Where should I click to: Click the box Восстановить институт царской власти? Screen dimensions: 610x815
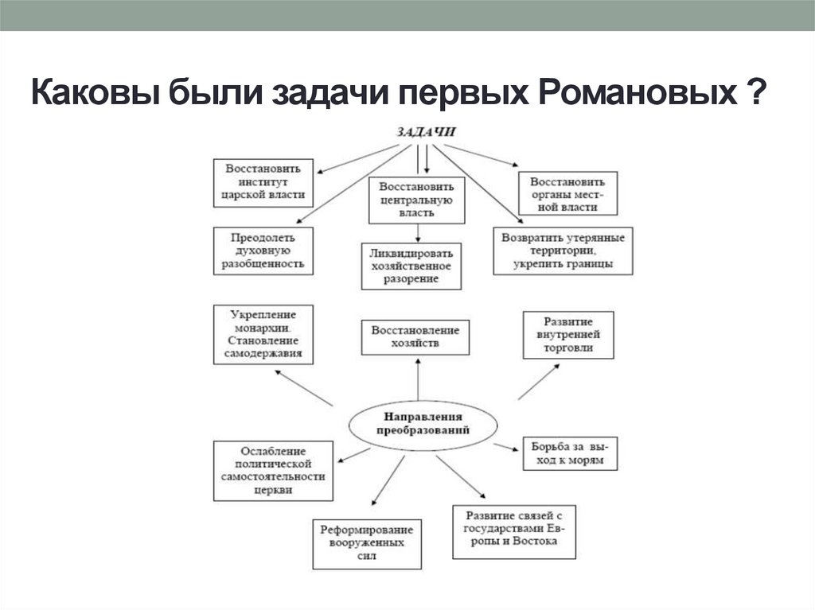point(263,182)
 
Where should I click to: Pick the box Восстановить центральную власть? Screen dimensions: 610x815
point(416,200)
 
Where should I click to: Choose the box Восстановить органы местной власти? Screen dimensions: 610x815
point(567,193)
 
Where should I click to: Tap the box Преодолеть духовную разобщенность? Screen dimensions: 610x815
point(263,251)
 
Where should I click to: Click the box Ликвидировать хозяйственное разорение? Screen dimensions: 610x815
point(411,265)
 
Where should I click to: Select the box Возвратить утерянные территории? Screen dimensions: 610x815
point(563,251)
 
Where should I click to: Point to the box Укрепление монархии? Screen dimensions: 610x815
point(263,334)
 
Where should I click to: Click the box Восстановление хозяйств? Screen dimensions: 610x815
point(415,337)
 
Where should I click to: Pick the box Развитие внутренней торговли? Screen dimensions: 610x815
point(567,335)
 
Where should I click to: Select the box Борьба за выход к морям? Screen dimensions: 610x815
point(569,453)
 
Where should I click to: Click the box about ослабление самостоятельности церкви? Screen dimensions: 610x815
point(273,470)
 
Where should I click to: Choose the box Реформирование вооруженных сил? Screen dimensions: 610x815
point(367,543)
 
